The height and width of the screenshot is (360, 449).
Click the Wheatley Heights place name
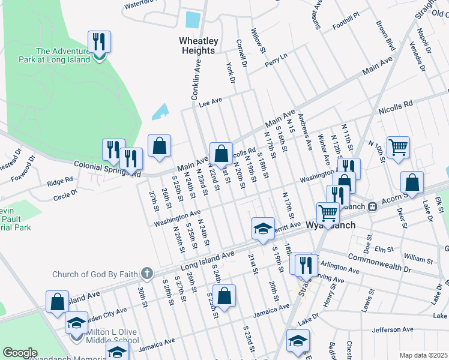197,46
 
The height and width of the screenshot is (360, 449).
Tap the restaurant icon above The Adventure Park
98,43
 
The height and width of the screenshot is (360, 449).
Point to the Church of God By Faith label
96,275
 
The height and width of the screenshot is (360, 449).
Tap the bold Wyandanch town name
331,225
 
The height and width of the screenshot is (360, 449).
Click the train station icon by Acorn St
372,206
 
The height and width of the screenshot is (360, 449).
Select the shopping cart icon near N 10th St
398,146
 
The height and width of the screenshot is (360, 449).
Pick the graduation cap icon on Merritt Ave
262,228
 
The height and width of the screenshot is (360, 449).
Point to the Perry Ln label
276,58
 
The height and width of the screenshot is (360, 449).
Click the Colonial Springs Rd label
107,170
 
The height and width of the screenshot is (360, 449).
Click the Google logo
20,353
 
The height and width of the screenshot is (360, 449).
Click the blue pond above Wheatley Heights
192,20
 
